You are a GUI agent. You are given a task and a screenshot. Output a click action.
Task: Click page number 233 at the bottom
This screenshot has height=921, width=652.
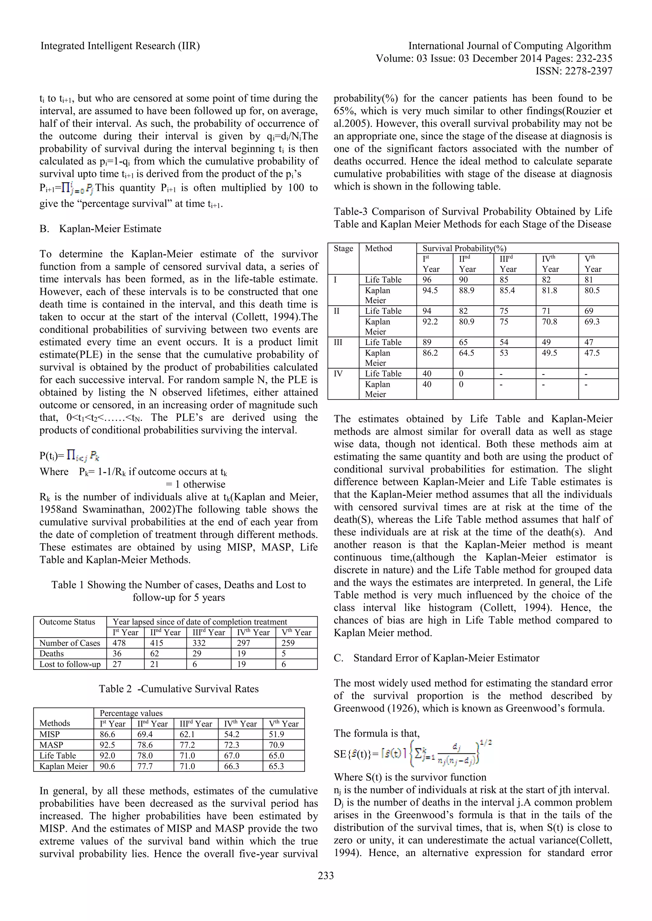[x=326, y=875]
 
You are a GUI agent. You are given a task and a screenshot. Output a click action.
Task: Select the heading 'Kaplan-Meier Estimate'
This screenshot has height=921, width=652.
[x=110, y=229]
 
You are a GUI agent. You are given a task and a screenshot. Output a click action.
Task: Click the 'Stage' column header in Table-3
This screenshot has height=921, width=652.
[x=343, y=248]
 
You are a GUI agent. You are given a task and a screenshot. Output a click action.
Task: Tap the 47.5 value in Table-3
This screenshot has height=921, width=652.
[x=592, y=353]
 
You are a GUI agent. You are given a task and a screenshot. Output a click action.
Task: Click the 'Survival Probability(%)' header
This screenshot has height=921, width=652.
[x=464, y=248]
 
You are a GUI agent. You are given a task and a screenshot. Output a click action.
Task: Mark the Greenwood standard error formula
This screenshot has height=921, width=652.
[x=413, y=754]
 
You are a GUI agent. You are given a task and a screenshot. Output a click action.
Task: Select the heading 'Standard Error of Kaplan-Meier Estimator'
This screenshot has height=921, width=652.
[x=446, y=658]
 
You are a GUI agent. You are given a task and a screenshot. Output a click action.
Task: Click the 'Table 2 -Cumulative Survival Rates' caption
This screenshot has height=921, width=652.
[x=179, y=689]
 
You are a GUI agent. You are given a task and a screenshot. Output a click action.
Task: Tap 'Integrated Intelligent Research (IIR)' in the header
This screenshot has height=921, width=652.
[x=120, y=46]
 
